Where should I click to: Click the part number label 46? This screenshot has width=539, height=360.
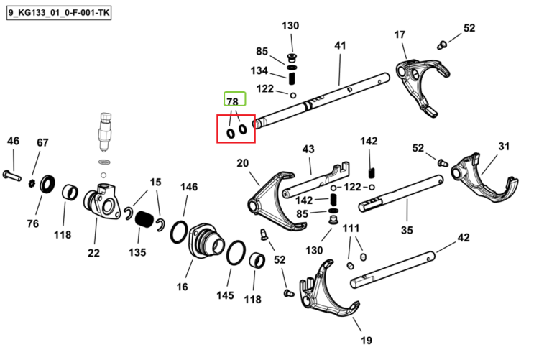13,141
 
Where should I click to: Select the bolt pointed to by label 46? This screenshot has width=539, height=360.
11,175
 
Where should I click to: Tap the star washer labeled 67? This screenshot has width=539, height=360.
32,183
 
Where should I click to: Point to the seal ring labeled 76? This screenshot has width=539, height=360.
47,184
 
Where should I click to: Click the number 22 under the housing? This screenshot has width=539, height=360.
93,253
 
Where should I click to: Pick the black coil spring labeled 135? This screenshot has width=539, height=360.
144,218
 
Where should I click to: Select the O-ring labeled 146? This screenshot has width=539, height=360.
179,232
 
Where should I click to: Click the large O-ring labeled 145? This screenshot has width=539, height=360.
236,253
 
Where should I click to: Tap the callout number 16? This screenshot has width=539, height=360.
183,287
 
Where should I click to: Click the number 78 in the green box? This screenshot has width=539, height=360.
233,102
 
